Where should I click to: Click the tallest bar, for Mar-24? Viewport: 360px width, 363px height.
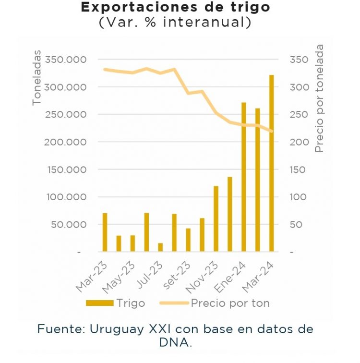tap(271, 163)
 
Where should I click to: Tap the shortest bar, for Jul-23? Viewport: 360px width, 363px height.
tap(160, 247)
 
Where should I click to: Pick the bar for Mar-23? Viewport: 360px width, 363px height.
tap(105, 232)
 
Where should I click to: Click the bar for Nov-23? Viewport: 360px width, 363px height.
tap(216, 218)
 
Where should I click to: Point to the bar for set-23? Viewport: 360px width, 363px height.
tap(188, 240)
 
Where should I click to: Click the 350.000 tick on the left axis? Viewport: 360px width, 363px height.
tap(65, 60)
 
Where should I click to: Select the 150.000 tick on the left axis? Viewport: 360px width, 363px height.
tap(65, 169)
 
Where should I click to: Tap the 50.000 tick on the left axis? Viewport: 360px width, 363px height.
tap(68, 224)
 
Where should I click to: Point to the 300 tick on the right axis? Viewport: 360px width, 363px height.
tap(298, 87)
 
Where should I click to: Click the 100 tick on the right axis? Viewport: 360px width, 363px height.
tap(298, 197)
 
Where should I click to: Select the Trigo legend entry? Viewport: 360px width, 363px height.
tap(115, 303)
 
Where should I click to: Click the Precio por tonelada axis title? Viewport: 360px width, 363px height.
tap(319, 98)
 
